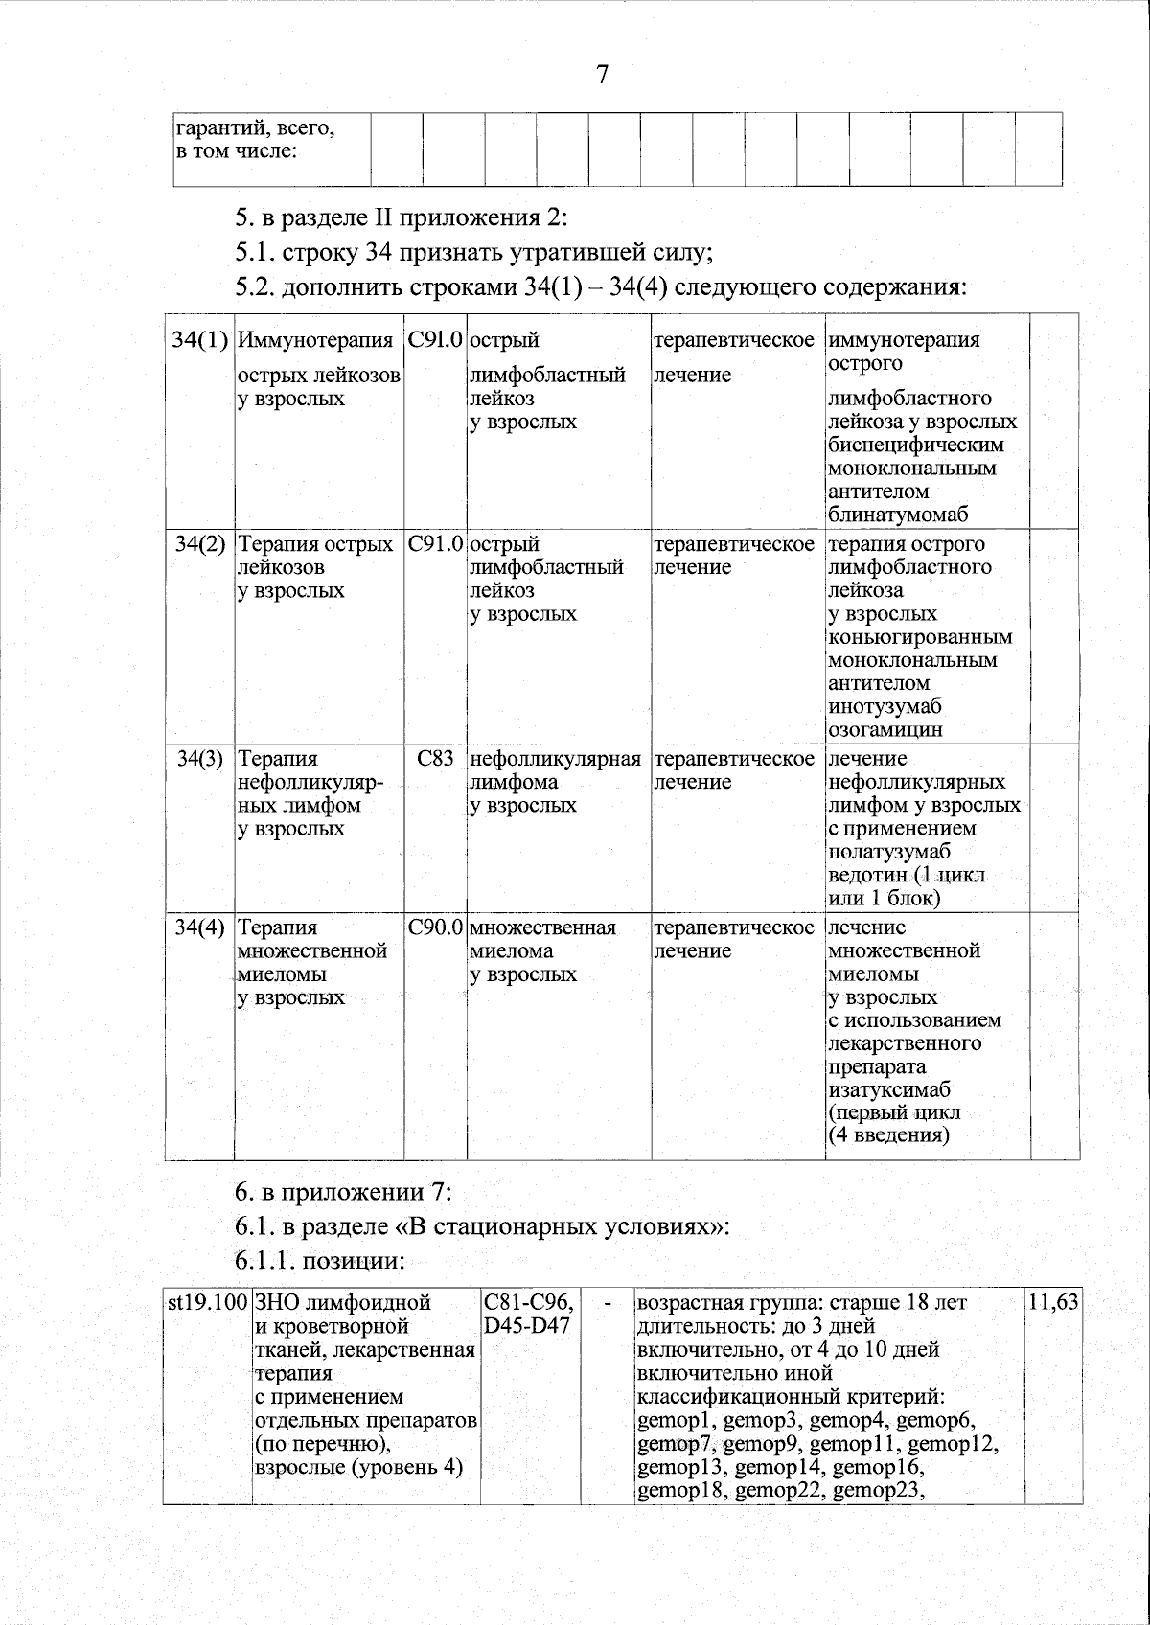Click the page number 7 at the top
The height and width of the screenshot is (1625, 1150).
[x=602, y=76]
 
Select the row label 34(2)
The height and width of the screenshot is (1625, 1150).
[x=200, y=544]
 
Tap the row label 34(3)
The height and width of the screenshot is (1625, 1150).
[x=200, y=759]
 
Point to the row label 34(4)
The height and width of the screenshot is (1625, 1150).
[x=200, y=927]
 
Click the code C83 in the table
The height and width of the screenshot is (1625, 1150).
[x=435, y=759]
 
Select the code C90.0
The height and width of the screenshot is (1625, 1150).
[x=435, y=927]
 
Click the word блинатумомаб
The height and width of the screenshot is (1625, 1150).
[x=898, y=515]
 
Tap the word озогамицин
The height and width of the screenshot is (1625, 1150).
[x=885, y=730]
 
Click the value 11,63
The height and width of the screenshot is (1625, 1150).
[x=1052, y=1303]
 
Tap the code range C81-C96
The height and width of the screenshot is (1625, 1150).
[x=529, y=1303]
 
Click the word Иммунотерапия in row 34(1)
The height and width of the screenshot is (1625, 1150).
[x=315, y=340]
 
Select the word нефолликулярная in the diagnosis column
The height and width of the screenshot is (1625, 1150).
[x=556, y=759]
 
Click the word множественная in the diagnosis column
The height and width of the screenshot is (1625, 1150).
[x=543, y=927]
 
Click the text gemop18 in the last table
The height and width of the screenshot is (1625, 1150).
[x=680, y=1489]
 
